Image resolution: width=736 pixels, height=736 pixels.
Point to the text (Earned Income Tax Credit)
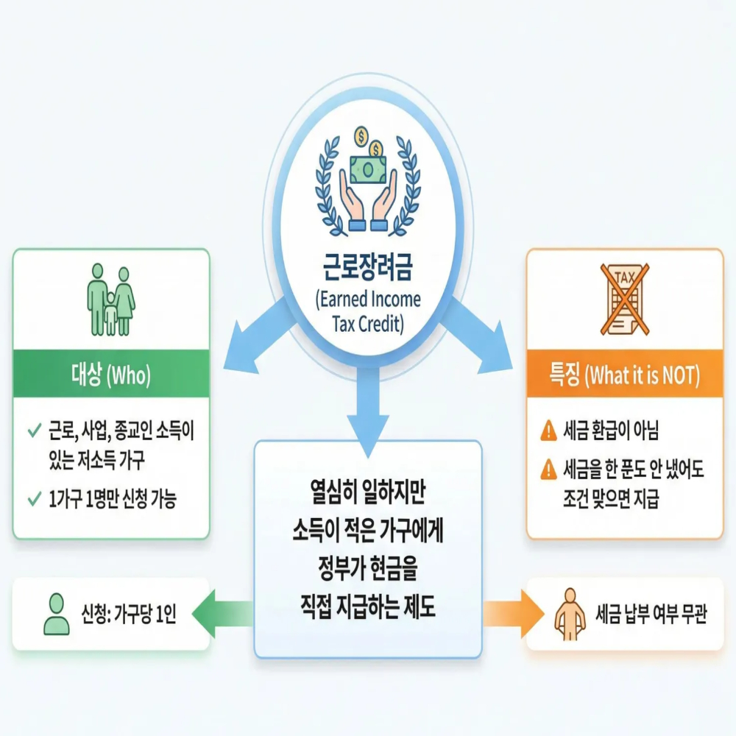pyautogui.click(x=367, y=311)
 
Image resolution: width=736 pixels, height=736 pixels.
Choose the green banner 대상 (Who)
pyautogui.click(x=111, y=376)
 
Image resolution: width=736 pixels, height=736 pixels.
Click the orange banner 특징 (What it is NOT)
pyautogui.click(x=624, y=376)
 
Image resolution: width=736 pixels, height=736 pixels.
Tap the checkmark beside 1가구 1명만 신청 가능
pyautogui.click(x=33, y=500)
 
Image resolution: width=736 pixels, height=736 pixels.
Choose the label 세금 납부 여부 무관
pyautogui.click(x=651, y=614)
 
